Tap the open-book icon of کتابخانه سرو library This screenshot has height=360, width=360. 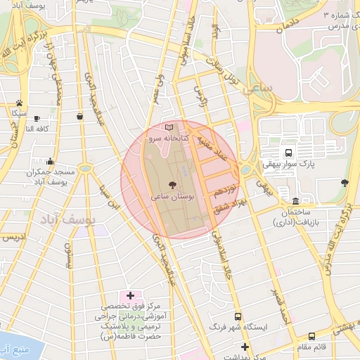click(x=168, y=127)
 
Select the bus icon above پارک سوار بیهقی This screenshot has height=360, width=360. click(x=288, y=153)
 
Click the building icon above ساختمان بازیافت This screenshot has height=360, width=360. click(x=295, y=201)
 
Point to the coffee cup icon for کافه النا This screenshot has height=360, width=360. click(x=36, y=118)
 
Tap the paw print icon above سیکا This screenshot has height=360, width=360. click(x=18, y=103)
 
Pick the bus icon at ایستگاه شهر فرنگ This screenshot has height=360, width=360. click(x=238, y=317)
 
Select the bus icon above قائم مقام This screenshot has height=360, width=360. click(x=311, y=337)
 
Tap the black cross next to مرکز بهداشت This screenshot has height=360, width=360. click(x=245, y=347)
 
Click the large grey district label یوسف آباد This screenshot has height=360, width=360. click(x=71, y=220)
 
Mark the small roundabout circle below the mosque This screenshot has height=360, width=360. click(x=85, y=168)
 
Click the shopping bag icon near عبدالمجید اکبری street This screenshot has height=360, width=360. click(x=79, y=116)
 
